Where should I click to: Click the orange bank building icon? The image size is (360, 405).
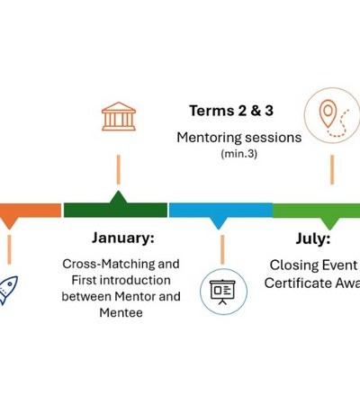(x=119, y=116)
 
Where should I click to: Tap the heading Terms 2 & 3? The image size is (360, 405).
(x=231, y=111)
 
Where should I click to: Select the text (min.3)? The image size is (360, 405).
(x=239, y=154)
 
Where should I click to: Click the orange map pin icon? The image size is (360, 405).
(x=328, y=112)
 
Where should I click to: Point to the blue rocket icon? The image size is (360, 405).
(x=7, y=290)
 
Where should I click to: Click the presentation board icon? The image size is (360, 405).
(x=222, y=292)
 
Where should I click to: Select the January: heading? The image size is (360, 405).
(x=123, y=238)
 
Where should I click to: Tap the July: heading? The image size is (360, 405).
(x=313, y=238)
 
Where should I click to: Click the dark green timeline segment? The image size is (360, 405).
(x=116, y=210)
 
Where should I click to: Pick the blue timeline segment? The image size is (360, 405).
(x=220, y=210)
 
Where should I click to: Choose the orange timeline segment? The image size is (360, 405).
(x=30, y=210)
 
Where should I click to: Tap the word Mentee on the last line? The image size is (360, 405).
(x=121, y=312)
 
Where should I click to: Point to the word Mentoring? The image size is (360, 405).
(x=209, y=138)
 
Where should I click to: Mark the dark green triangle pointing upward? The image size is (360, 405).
(x=119, y=197)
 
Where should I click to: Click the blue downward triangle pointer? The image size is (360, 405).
(x=219, y=223)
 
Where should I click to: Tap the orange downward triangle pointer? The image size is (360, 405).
(x=10, y=223)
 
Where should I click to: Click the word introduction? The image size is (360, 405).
(x=135, y=280)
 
